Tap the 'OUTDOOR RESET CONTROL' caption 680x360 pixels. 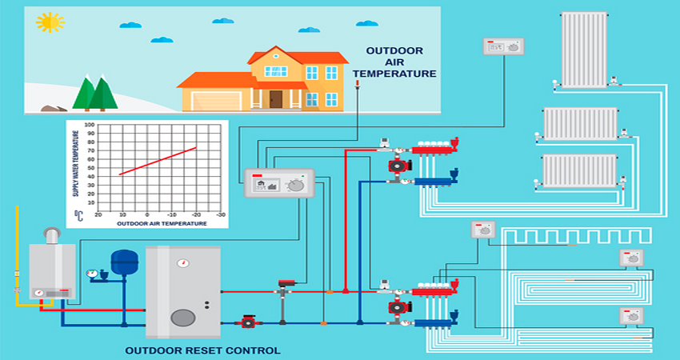[x=203, y=350]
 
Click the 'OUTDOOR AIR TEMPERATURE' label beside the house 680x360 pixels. [x=401, y=62]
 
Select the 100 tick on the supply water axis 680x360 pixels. [x=90, y=125]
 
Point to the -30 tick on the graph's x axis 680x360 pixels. [x=222, y=215]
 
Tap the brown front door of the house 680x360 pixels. [x=275, y=99]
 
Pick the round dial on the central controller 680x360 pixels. [x=297, y=185]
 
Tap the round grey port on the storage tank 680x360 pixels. [x=182, y=317]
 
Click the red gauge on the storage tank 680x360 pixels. [x=183, y=262]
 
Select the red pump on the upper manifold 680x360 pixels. [x=397, y=166]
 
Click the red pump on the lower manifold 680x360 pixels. [x=397, y=307]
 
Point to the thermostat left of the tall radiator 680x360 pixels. [x=503, y=46]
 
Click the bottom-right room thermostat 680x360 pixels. [x=632, y=314]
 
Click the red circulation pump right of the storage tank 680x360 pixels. [x=248, y=322]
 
